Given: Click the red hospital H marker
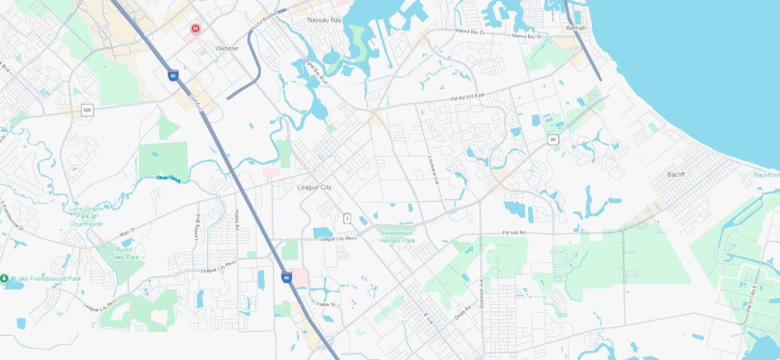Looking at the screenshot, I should coord(194,29).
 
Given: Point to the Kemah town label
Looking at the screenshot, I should coord(576,28).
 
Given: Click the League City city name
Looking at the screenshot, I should coord(314,188).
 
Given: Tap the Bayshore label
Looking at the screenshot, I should coord(766,174).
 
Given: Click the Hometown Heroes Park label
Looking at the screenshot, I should coord(398,236).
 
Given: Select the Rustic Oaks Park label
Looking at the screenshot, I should coord(124,253).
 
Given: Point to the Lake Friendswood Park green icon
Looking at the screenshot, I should coord(5,278).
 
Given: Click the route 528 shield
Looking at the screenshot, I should coord(87,110).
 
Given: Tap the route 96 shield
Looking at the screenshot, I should coord(553,139).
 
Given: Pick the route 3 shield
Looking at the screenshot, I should coord(347,218).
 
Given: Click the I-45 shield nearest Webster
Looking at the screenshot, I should coord(173,75).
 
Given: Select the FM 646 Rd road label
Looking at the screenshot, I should coord(514,233).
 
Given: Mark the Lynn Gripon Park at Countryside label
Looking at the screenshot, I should coord(87,216).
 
